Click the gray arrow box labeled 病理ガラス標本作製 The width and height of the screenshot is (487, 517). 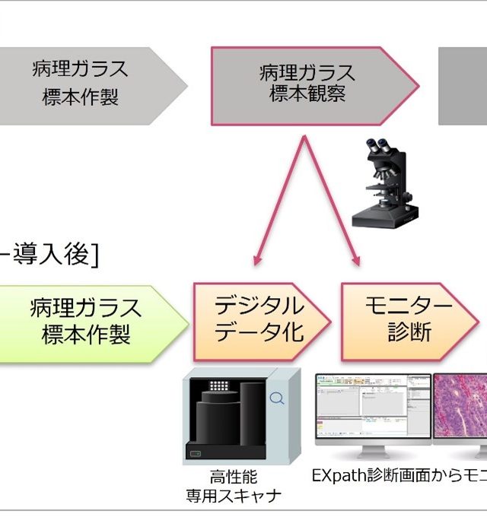[x=80, y=84]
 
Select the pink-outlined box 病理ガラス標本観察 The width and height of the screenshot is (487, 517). [x=308, y=84]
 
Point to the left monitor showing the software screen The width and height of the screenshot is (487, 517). [x=373, y=407]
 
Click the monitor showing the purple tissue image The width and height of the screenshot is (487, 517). [x=460, y=407]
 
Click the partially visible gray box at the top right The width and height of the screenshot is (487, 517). [x=463, y=84]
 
